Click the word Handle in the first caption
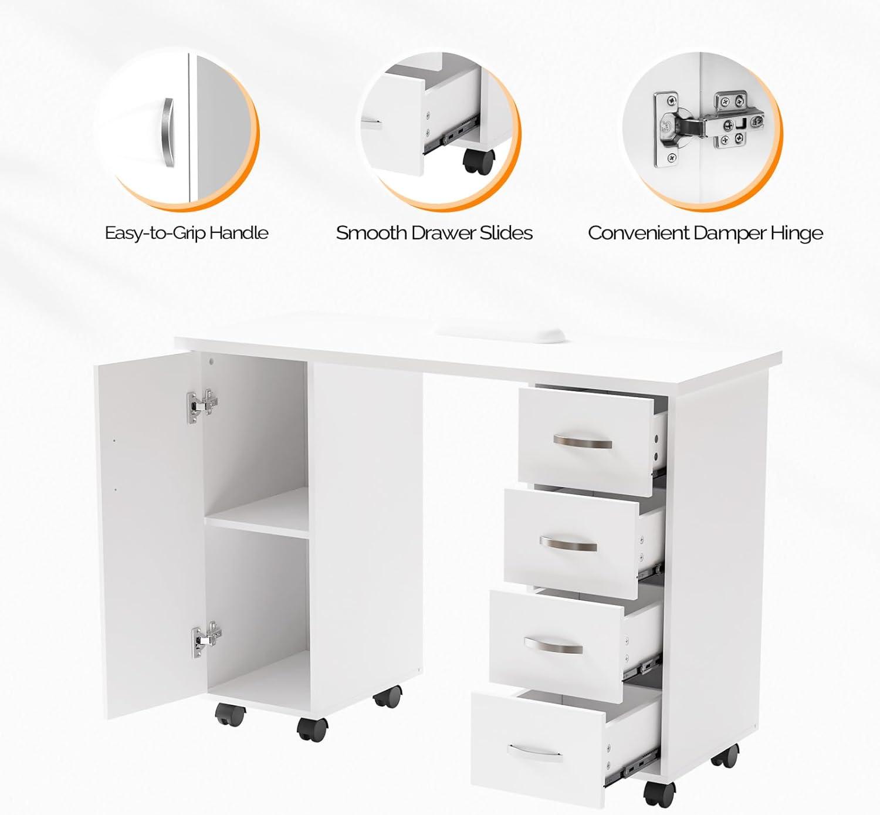(x=239, y=233)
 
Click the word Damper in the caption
(x=730, y=233)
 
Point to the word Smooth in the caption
(x=371, y=233)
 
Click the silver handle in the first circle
(x=168, y=132)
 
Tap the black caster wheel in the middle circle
(x=479, y=162)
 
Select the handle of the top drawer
(x=583, y=441)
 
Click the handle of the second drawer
(x=568, y=544)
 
